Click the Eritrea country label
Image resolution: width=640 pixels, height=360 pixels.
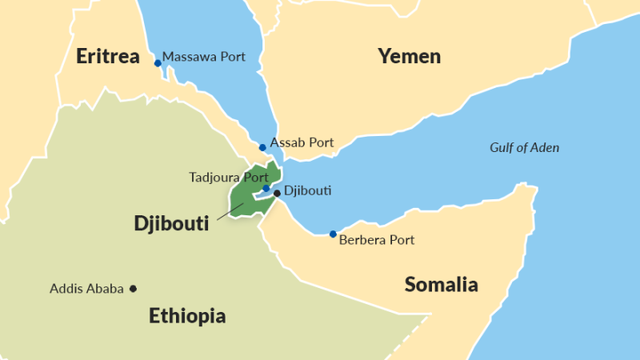108,57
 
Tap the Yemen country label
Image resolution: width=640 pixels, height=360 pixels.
409,56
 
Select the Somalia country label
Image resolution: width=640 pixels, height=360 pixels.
441,284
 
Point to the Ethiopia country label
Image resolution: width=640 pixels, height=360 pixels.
187,316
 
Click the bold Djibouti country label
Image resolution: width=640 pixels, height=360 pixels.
171,224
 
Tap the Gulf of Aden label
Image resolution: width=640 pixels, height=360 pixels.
524,147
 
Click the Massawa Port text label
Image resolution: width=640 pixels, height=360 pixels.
204,57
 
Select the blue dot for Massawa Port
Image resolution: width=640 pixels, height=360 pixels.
158,62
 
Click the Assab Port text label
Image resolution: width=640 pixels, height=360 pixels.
302,142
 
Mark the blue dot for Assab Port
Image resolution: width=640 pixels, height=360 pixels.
262,147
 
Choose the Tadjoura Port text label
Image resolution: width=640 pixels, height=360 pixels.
228,176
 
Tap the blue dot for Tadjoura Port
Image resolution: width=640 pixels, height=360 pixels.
266,189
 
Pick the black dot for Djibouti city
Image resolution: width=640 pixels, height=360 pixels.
277,193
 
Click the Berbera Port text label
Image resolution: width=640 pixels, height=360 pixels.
377,239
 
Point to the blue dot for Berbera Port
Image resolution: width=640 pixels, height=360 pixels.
333,234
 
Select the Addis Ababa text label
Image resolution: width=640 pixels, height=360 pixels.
86,289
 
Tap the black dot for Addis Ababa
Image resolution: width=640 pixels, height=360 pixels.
134,289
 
